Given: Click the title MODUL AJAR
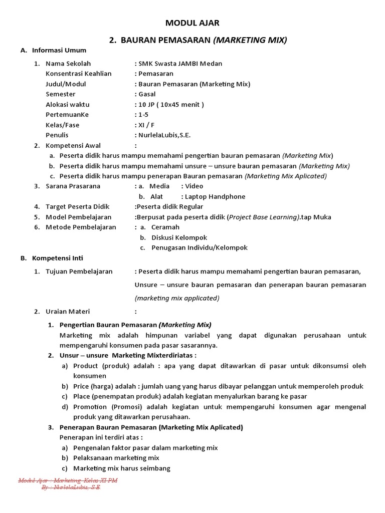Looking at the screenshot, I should (192, 23).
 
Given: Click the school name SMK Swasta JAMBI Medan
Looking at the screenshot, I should (179, 64).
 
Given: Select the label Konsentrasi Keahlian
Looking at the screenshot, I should (78, 74).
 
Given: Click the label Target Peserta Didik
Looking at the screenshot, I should (78, 207).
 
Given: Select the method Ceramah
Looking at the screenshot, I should (165, 227).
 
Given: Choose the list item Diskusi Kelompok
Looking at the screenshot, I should (179, 237).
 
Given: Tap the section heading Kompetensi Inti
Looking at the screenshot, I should (58, 258).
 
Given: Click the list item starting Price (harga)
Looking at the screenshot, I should (218, 386).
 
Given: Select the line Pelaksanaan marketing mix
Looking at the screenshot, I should (116, 458).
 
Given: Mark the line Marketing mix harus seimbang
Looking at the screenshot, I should (122, 468).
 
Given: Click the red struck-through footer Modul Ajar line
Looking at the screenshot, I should (68, 480).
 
